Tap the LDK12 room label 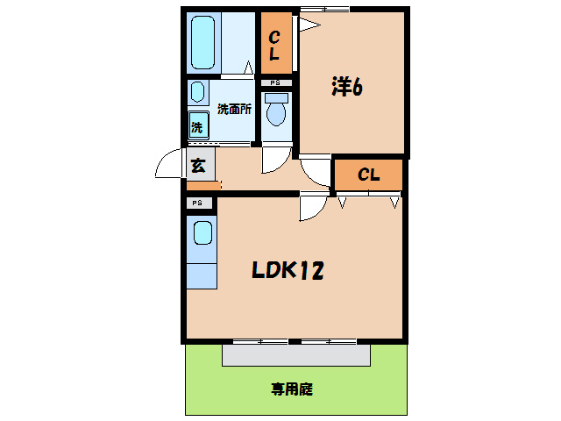(x=288, y=271)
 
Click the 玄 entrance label (x=198, y=164)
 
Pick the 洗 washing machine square (x=197, y=127)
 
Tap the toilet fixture (x=276, y=112)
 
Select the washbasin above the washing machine (x=197, y=93)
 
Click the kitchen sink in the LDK (x=202, y=234)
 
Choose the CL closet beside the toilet (x=274, y=46)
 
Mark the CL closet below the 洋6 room (x=368, y=175)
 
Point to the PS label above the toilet (x=275, y=83)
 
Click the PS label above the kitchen (x=198, y=203)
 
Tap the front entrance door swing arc (x=169, y=165)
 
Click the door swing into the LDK (x=313, y=207)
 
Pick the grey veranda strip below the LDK (x=295, y=354)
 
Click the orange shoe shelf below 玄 (x=202, y=186)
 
